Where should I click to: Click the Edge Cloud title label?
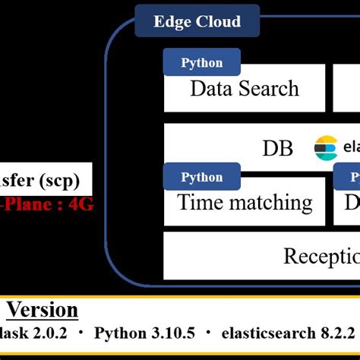197,21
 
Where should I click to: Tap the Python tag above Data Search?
202,63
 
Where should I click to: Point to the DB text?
277,148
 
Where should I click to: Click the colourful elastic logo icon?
326,147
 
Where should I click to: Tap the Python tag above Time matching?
202,177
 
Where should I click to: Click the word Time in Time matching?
199,202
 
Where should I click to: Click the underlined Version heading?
43,310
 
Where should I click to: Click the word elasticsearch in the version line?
264,334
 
